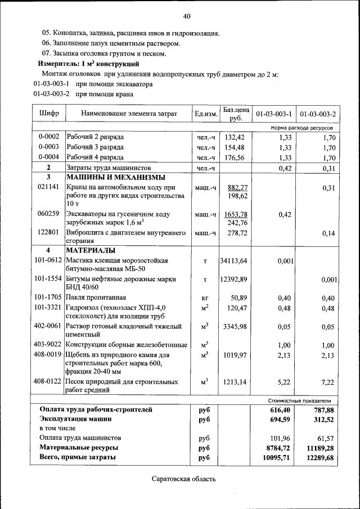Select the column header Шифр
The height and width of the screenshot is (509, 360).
[x=48, y=114]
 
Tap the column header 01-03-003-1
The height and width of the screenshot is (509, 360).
[x=274, y=114]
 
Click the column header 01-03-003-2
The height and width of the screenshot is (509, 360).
[x=318, y=114]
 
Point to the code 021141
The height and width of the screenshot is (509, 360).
[x=48, y=187]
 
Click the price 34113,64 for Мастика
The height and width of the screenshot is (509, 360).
[x=233, y=261]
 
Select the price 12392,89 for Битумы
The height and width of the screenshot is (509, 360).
[x=233, y=280]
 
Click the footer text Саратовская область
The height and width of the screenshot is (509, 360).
[x=183, y=479]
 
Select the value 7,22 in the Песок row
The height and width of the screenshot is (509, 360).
[x=328, y=382]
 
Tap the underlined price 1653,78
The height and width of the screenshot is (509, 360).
[x=236, y=214]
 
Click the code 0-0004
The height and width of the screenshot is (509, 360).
[x=48, y=157]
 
